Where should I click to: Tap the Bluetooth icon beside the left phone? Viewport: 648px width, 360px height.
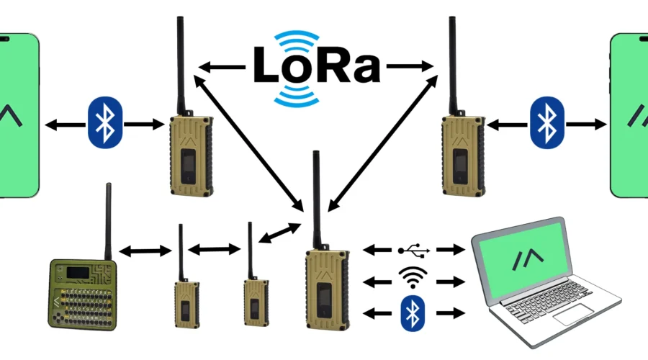point(106,125)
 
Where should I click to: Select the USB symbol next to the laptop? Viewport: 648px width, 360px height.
point(414,250)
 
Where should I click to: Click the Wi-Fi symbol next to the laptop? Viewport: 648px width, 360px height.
point(413,279)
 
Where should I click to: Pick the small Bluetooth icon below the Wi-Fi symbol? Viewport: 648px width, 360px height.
point(411,312)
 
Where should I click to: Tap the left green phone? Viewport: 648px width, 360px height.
point(17,115)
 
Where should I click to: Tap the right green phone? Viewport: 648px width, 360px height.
point(631,115)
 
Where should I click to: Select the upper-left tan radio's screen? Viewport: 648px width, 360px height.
point(188,165)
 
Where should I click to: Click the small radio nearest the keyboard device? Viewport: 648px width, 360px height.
point(185,302)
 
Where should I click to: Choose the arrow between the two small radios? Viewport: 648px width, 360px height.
point(214,249)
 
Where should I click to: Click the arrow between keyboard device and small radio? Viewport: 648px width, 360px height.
point(145,251)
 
